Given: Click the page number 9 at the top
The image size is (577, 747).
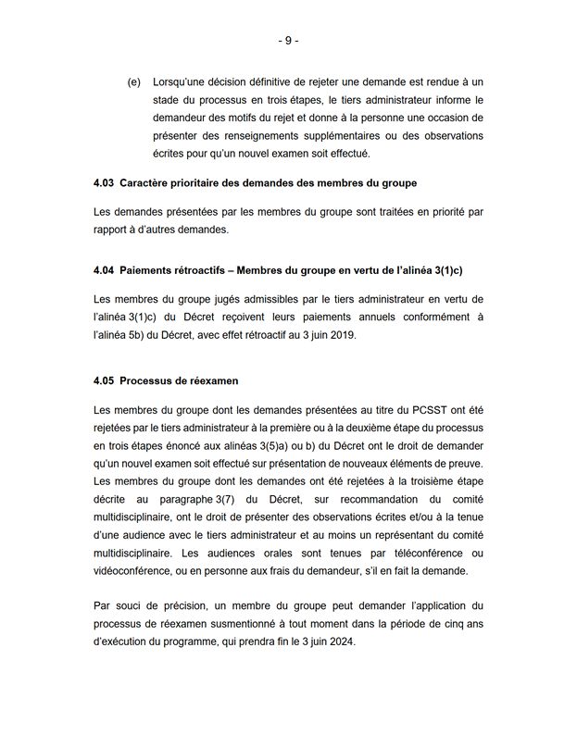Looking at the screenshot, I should point(288,41).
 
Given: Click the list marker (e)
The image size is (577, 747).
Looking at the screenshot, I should point(134,82).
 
